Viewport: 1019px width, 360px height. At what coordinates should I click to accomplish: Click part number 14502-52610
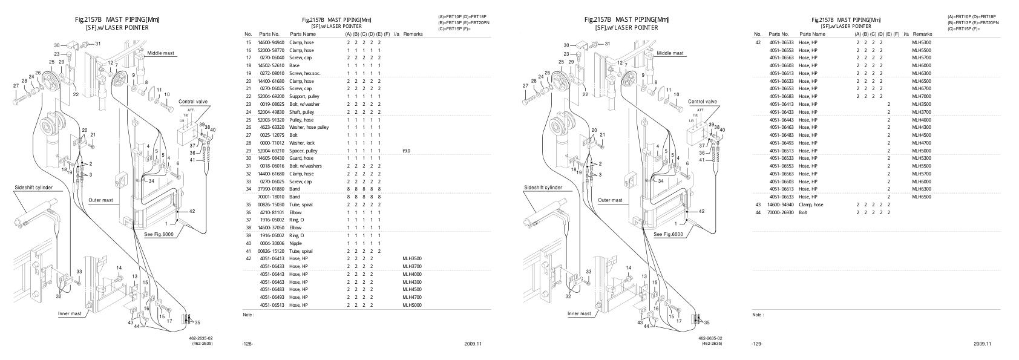click(272, 65)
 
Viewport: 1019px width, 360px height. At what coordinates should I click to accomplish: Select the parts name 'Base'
click(294, 65)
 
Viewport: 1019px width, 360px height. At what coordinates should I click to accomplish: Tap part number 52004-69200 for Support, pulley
click(272, 96)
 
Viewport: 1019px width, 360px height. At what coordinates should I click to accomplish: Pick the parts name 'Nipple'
click(296, 243)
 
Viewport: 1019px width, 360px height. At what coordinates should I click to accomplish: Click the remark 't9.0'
click(406, 151)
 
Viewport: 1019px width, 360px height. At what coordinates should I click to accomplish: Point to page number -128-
click(247, 344)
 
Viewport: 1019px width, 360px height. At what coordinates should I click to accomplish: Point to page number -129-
click(756, 344)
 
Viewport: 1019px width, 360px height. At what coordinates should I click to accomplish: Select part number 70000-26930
click(781, 212)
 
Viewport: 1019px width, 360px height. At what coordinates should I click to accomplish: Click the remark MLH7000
click(922, 96)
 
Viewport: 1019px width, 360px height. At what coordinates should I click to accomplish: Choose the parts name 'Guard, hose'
click(301, 158)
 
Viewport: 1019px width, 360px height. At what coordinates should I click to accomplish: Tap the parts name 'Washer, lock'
click(301, 143)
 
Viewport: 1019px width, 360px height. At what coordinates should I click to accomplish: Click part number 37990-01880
click(272, 189)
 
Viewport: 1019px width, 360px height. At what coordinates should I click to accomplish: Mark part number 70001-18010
click(272, 197)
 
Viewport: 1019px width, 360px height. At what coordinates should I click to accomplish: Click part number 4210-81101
click(272, 212)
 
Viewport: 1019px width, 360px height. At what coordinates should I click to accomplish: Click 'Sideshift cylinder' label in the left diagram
click(33, 188)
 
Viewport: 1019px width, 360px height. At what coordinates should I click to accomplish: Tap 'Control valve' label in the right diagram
click(703, 102)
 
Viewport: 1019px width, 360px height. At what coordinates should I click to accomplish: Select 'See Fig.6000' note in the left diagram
click(159, 234)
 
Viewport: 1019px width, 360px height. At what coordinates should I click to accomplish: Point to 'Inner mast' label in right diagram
click(579, 313)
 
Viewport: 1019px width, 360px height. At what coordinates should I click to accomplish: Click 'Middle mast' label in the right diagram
click(670, 53)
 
